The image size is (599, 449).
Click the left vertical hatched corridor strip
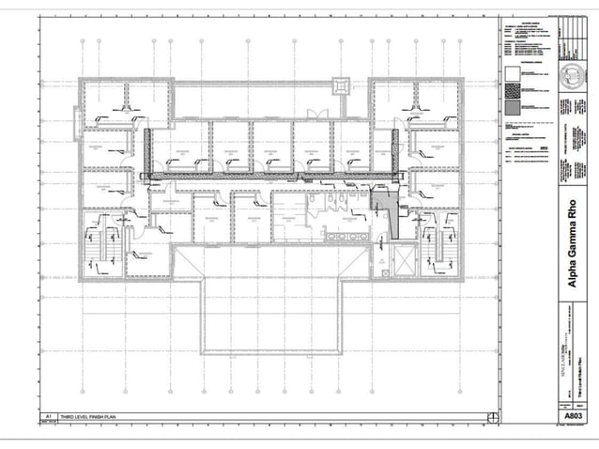tap(146, 151)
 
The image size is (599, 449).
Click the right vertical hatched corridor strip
tap(396, 151)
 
